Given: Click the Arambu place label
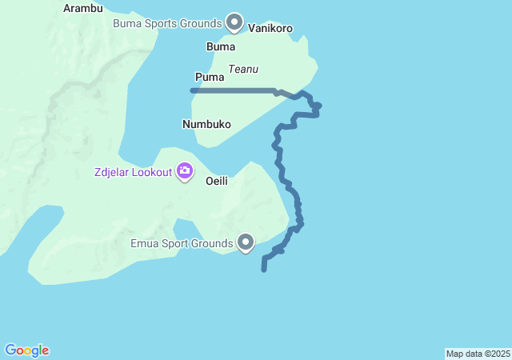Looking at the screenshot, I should (83, 9).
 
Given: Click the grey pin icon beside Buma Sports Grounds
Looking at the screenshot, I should (234, 22).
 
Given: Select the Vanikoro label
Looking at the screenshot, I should (270, 29).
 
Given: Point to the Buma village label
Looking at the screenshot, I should (221, 46).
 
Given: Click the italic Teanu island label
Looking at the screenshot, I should (243, 70).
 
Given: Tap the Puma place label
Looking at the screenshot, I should (209, 77).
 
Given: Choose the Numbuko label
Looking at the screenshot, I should (206, 124).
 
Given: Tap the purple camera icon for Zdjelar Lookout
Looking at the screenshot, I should (185, 171).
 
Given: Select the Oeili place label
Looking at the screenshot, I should (217, 181).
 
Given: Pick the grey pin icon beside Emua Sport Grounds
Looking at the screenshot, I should (246, 242).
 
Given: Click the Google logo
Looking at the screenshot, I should (27, 350).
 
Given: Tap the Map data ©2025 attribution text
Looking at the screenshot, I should (478, 354).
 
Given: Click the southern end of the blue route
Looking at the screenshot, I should (264, 270).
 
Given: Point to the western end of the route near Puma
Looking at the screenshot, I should (193, 90).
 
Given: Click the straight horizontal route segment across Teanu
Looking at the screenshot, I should (236, 90).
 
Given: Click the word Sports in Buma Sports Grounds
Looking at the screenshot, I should (161, 23).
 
